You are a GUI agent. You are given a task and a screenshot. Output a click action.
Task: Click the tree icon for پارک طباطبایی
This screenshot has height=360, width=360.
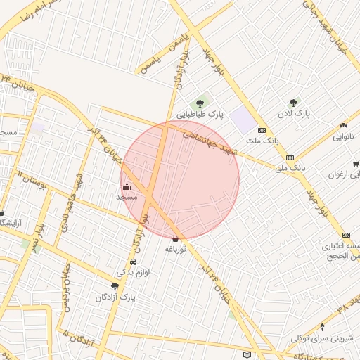click(x=200, y=104)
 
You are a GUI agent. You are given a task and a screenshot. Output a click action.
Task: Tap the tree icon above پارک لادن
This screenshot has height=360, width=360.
click(x=293, y=103)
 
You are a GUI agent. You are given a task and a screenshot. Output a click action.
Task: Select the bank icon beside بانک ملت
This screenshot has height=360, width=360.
click(x=262, y=130)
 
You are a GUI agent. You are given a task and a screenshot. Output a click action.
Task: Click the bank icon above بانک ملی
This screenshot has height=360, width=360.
click(x=290, y=157)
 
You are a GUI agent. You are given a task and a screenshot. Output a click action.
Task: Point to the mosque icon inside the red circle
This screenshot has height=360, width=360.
click(x=127, y=187)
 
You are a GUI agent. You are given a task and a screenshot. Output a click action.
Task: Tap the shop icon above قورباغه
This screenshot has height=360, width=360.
click(x=175, y=238)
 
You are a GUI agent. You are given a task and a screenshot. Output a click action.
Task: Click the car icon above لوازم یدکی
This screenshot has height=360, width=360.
click(x=134, y=262)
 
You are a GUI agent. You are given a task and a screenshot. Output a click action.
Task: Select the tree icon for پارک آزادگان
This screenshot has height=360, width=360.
click(x=115, y=286)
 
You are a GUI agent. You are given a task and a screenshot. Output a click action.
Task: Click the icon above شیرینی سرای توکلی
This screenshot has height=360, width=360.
click(x=322, y=326)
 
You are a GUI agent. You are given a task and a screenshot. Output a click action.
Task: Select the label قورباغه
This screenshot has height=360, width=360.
click(x=175, y=248)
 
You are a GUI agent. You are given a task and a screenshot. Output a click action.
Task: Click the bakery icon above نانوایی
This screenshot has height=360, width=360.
click(x=345, y=123)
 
